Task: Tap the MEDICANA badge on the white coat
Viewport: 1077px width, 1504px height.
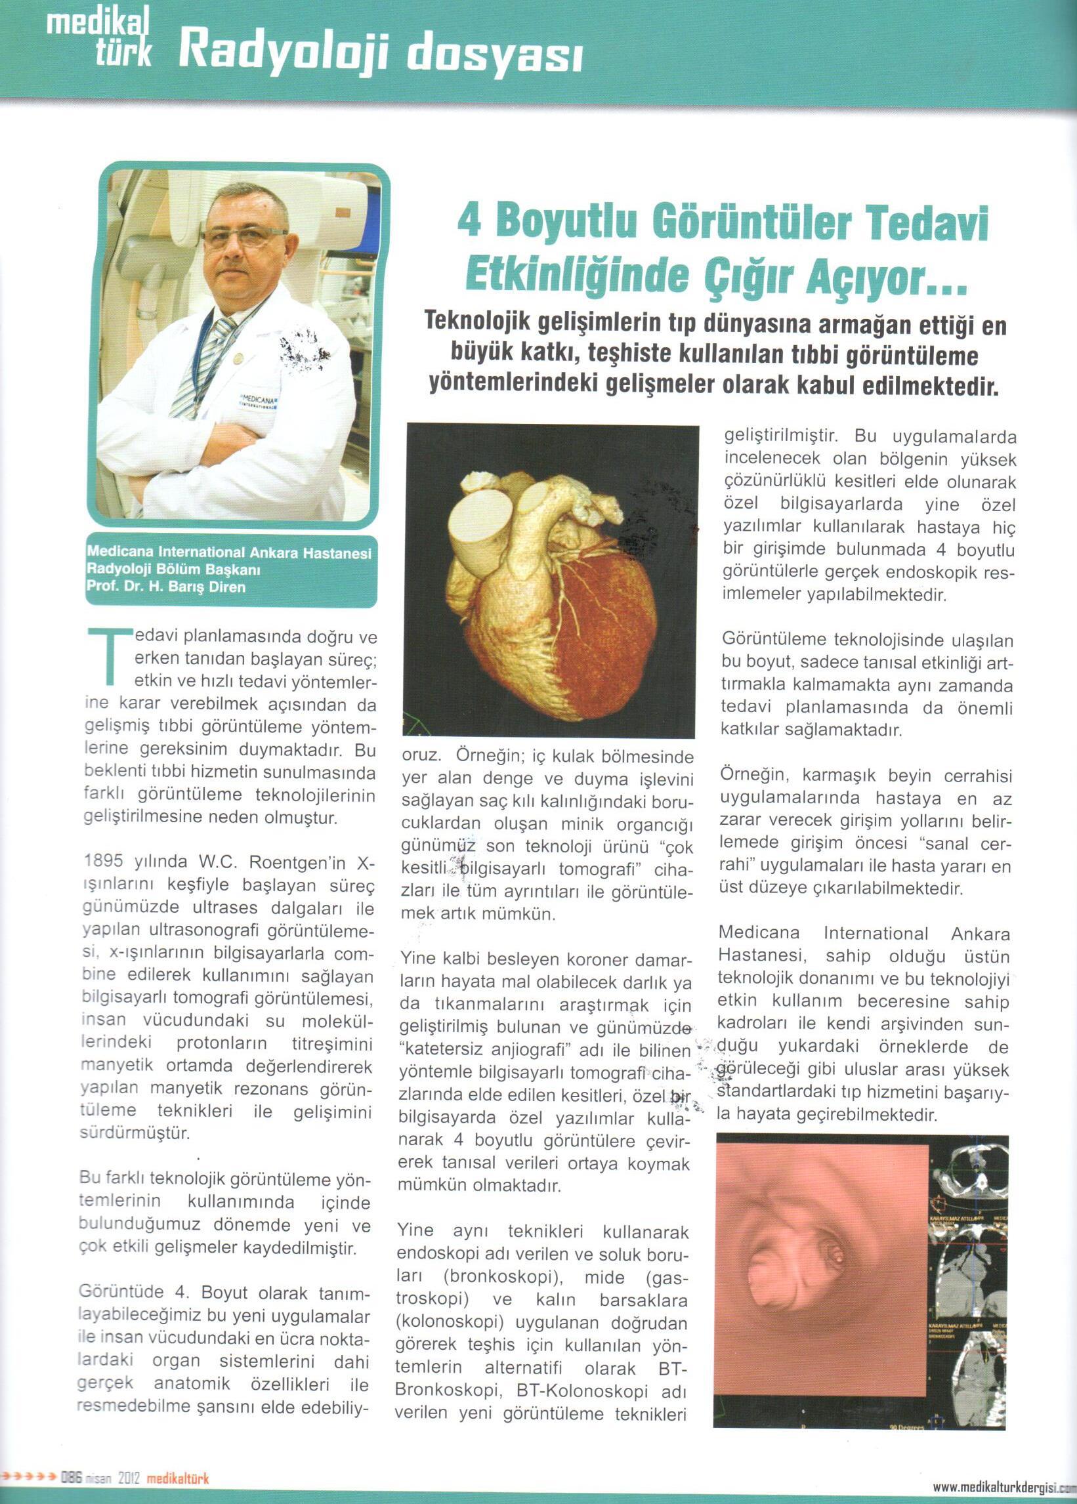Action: click(x=259, y=402)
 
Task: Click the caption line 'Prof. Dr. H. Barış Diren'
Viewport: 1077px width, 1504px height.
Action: click(x=166, y=587)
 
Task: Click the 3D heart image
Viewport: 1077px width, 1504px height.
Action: click(x=551, y=583)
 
